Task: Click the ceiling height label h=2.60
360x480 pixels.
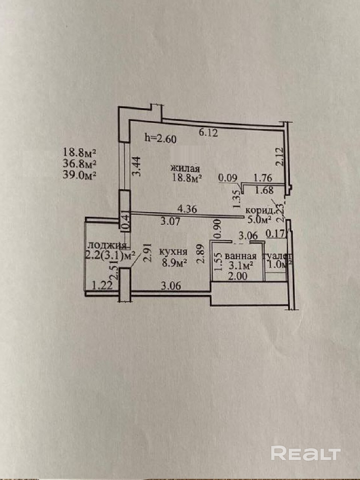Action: point(160,138)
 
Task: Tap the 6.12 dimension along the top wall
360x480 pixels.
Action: point(208,132)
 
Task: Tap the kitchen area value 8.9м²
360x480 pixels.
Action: point(174,263)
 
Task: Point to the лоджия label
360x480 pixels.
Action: point(106,246)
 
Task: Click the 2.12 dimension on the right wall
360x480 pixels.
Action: point(278,157)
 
